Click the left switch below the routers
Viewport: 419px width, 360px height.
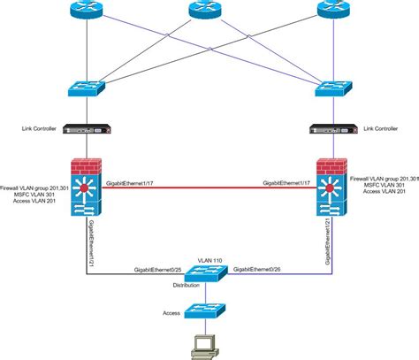(x=86, y=88)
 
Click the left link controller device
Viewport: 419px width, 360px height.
(x=86, y=129)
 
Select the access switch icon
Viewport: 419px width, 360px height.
(x=210, y=311)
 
